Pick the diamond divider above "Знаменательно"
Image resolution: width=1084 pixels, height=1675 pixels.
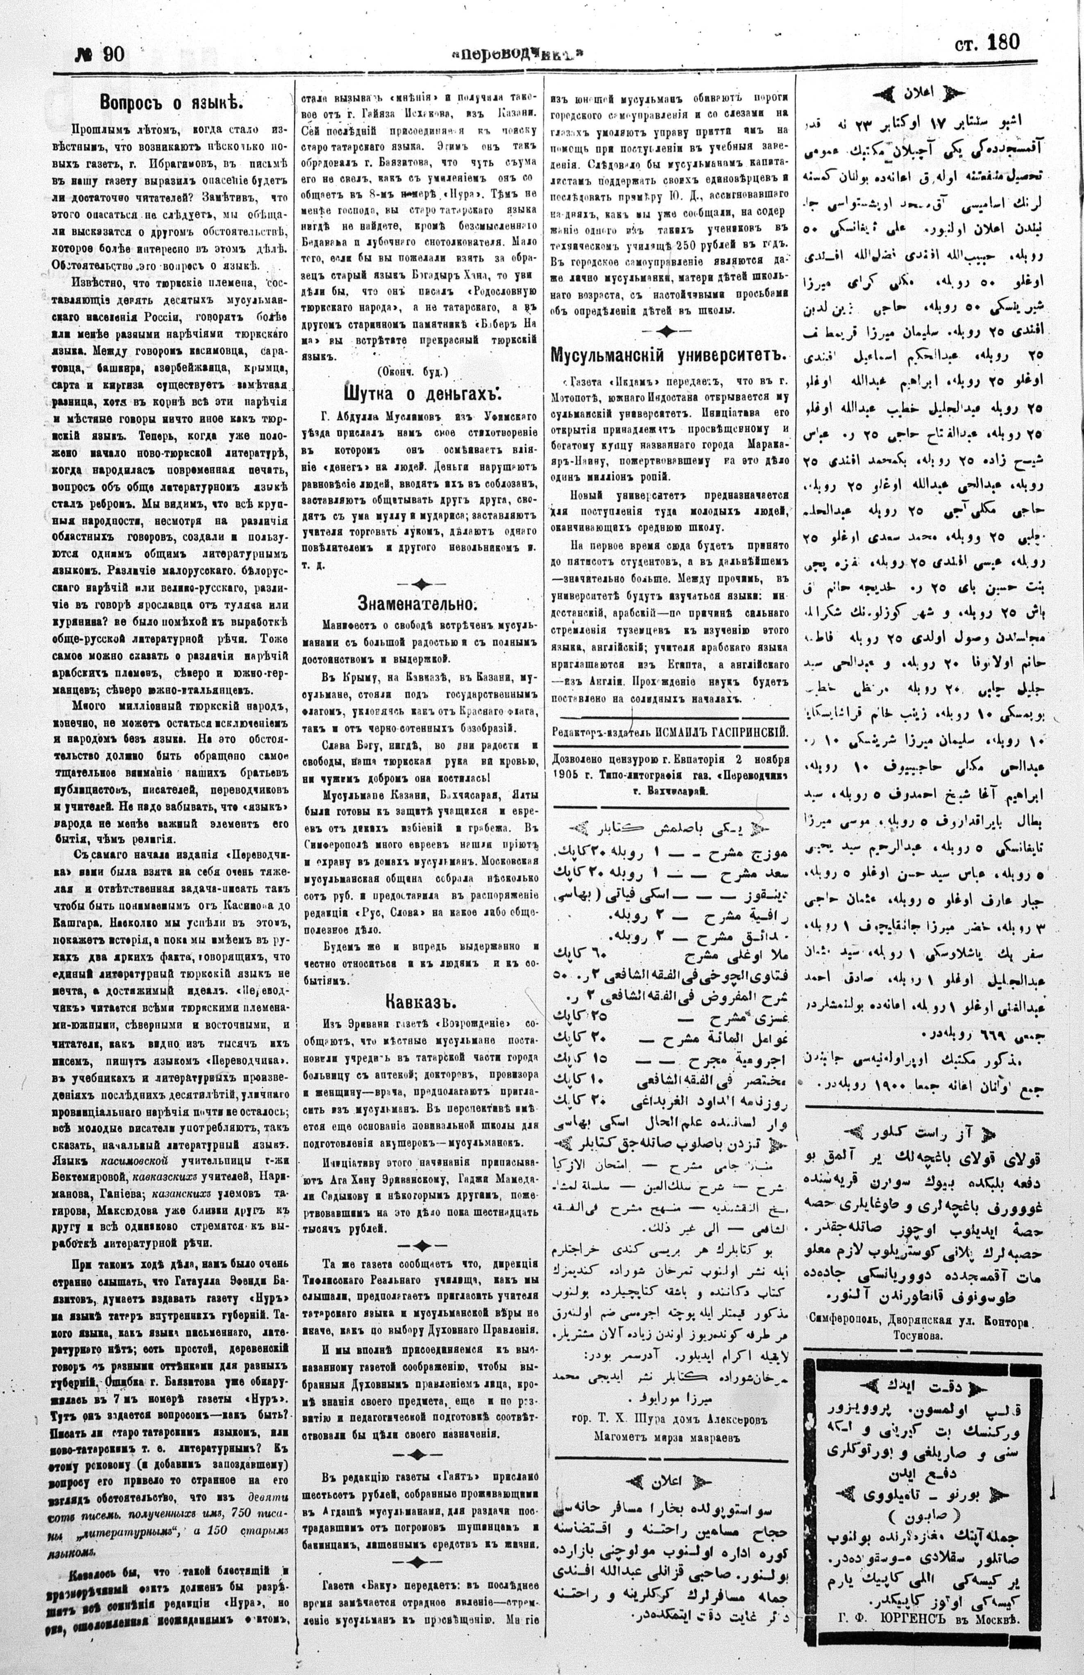[x=421, y=582]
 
